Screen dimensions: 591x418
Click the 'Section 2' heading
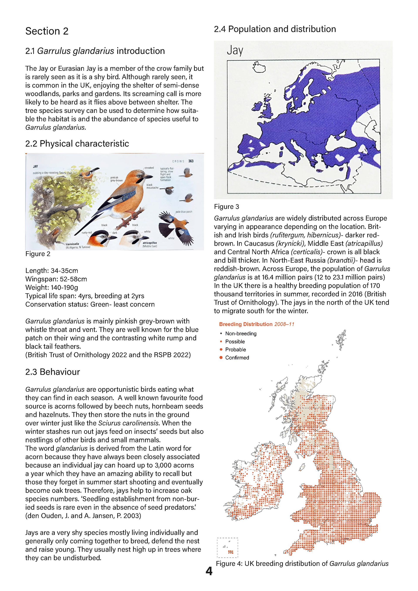[x=47, y=31]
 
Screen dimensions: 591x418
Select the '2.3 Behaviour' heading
[x=52, y=372]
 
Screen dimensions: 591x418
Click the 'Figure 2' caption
[x=38, y=254]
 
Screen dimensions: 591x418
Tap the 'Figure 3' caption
[x=226, y=207]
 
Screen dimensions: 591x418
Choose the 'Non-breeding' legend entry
[x=241, y=334]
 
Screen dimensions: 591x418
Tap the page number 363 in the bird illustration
[x=191, y=161]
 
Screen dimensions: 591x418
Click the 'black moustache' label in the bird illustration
[x=152, y=186]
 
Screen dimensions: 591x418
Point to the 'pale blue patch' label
[x=184, y=212]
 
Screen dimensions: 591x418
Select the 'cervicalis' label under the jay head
[x=72, y=244]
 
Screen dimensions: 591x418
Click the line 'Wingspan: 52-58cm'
[x=56, y=279]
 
